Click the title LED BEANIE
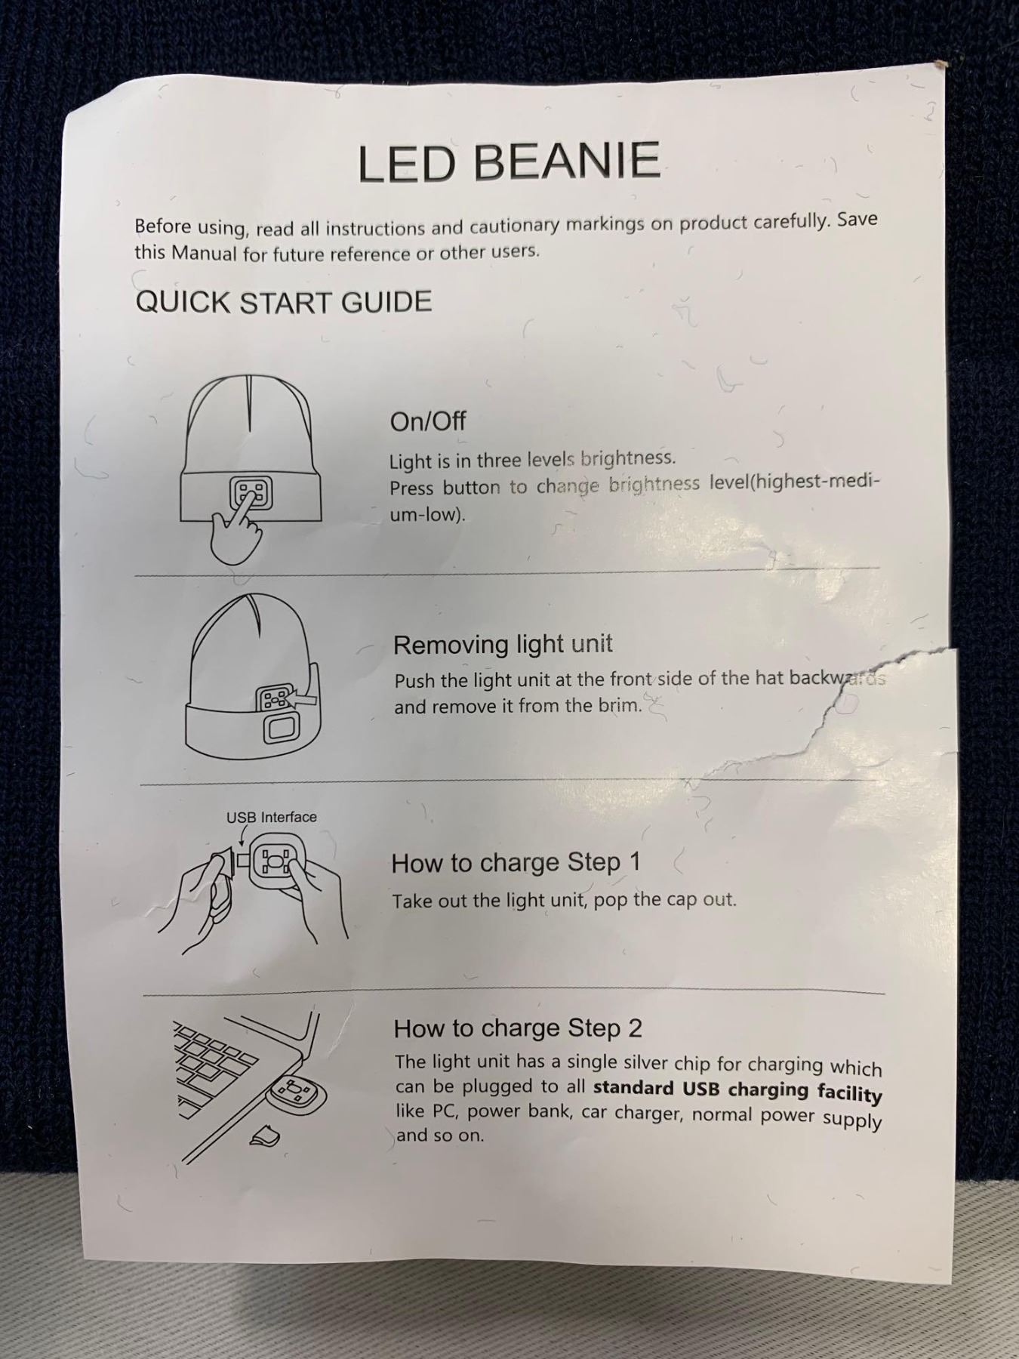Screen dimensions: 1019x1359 tap(509, 162)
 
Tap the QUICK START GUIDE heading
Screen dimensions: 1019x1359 tap(284, 302)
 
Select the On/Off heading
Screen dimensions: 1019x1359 tap(427, 421)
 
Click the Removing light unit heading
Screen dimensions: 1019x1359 tap(503, 645)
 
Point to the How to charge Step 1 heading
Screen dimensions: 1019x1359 tap(516, 863)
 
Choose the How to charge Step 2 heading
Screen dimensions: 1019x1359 tap(518, 1028)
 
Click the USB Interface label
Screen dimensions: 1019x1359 tap(272, 817)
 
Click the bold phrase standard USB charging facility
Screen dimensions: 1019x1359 tap(737, 1091)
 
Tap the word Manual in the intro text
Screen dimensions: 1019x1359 tap(204, 252)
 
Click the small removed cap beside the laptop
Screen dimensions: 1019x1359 tap(263, 1136)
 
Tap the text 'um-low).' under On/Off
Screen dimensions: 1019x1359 tap(427, 515)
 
